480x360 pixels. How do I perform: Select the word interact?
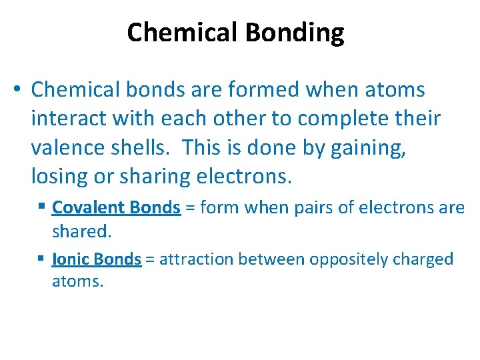click(70, 119)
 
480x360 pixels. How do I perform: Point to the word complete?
click(343, 119)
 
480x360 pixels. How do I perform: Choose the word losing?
click(59, 176)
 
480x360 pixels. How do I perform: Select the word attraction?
click(193, 259)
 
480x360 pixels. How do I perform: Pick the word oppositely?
click(334, 259)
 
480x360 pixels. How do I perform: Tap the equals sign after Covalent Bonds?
click(189, 208)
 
